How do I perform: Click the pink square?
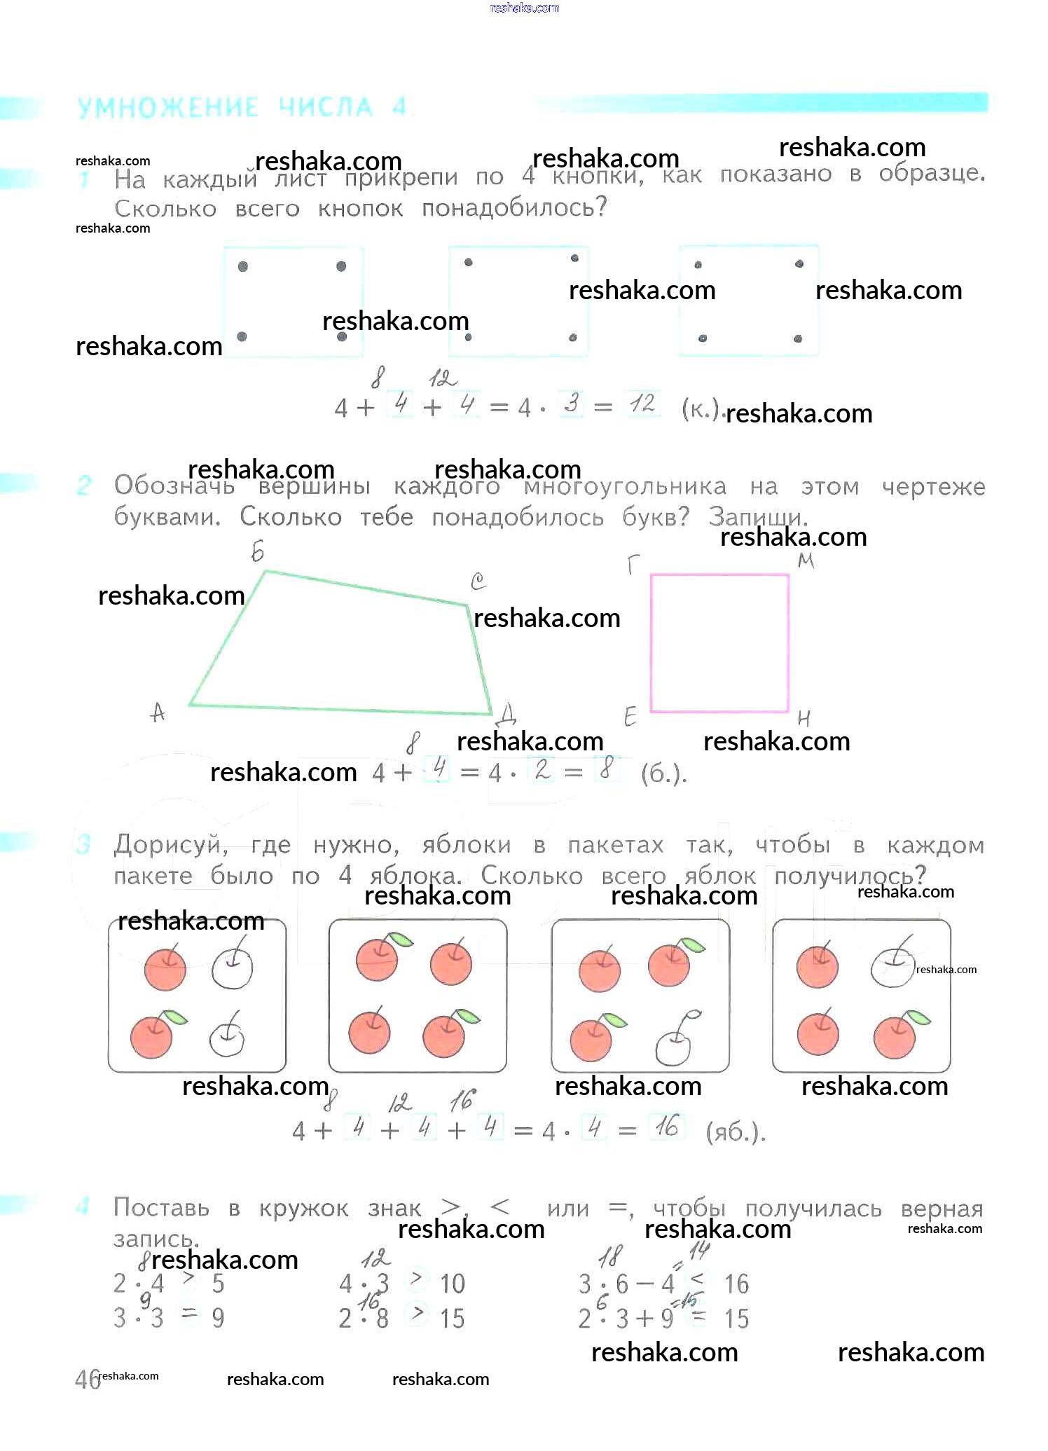[719, 643]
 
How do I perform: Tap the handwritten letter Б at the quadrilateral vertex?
[258, 552]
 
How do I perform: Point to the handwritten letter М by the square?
[806, 561]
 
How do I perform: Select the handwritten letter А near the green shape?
[158, 713]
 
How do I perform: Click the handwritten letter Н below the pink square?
[804, 718]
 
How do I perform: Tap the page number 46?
[87, 1380]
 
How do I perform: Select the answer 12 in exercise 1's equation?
[642, 404]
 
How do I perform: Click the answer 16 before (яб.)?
[666, 1127]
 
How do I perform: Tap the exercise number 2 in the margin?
[83, 485]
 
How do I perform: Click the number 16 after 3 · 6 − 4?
[736, 1284]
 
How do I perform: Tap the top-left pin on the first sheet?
[243, 266]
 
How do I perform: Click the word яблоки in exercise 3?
[466, 845]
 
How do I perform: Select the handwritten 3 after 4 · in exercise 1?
[572, 404]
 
